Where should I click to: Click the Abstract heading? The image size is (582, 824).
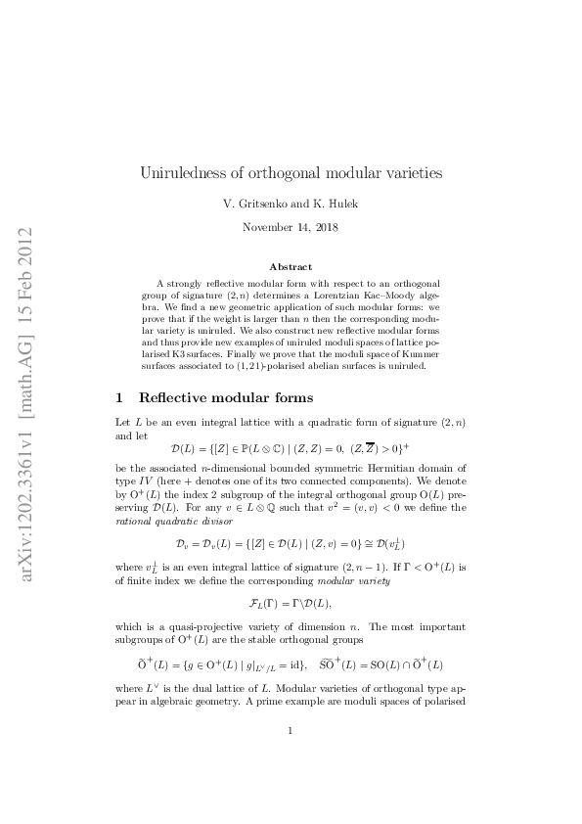291,266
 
